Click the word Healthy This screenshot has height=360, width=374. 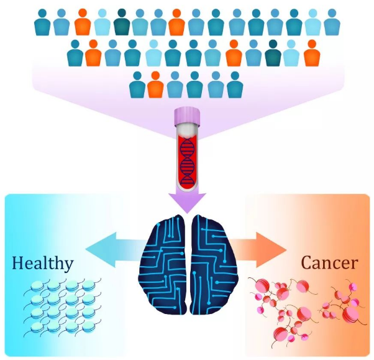click(x=43, y=263)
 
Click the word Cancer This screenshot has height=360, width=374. click(x=329, y=262)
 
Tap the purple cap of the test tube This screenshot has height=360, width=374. click(x=187, y=117)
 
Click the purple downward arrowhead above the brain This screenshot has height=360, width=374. click(x=187, y=202)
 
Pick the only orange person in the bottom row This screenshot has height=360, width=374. click(x=155, y=85)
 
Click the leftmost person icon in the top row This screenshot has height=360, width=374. click(x=42, y=22)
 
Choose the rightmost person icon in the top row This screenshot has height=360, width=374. click(x=332, y=22)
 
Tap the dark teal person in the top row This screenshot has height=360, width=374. click(x=122, y=22)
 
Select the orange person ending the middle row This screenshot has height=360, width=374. click(x=312, y=53)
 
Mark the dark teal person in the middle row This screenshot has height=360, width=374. click(x=273, y=53)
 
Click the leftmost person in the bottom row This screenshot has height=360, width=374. click(x=137, y=85)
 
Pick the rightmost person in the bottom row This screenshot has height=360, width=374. click(x=235, y=85)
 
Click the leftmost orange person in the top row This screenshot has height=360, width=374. click(x=83, y=22)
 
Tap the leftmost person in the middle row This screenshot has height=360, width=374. click(x=75, y=53)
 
